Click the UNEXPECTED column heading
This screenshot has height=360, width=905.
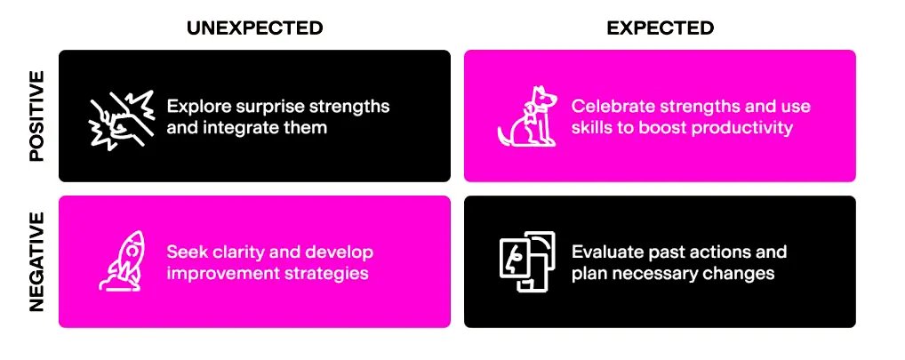point(254,28)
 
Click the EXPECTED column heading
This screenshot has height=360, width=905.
point(660,28)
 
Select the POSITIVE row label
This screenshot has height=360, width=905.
point(36,116)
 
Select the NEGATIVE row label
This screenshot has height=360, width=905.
point(36,261)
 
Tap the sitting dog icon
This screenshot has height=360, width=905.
point(527,116)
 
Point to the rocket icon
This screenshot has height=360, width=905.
point(122,260)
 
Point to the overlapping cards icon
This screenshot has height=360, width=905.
point(527,261)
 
